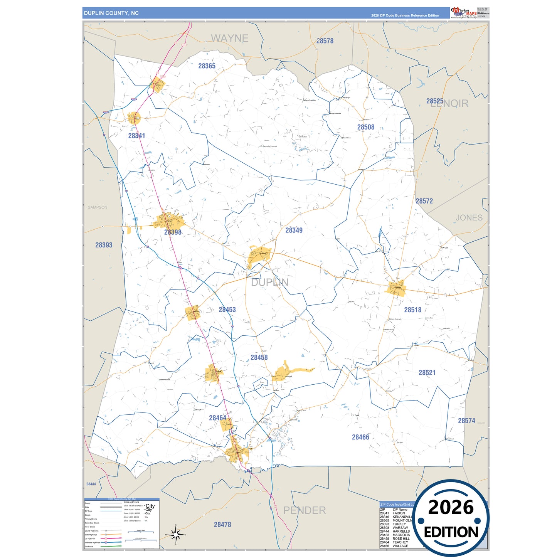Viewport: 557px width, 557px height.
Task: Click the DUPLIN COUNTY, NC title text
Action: (111, 13)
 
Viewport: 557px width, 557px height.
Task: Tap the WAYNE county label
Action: (229, 39)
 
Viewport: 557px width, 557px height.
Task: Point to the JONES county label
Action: (469, 218)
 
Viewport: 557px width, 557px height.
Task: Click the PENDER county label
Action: (305, 510)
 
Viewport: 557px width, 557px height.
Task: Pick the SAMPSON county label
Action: (98, 207)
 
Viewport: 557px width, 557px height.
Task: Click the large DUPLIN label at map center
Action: (269, 283)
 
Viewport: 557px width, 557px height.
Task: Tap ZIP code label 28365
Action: (207, 66)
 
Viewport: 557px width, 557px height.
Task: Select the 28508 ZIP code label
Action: (365, 127)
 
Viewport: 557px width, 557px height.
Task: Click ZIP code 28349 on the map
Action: (294, 230)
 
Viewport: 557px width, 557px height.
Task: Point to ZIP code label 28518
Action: (412, 310)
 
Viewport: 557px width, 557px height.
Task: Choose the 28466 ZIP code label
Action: (360, 437)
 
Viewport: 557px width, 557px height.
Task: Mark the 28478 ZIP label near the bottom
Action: (222, 525)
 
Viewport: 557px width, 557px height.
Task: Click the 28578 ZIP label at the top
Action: (325, 41)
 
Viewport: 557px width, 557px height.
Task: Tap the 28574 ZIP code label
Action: (466, 421)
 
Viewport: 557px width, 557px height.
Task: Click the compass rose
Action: (176, 535)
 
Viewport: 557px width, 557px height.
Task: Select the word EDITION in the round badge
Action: (451, 532)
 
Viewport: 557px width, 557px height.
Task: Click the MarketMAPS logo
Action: (464, 12)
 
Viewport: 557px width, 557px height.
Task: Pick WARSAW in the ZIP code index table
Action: (400, 528)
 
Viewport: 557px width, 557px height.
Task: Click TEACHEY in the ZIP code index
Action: (400, 542)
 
